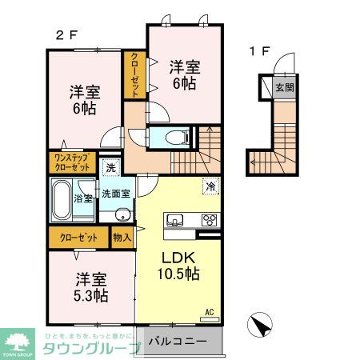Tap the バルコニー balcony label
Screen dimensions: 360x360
click(x=178, y=341)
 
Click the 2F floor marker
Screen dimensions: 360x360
click(x=65, y=35)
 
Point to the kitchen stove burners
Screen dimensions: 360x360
click(x=210, y=220)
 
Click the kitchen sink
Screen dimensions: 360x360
click(x=174, y=220)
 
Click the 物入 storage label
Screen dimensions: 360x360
click(x=122, y=238)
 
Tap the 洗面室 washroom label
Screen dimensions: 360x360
click(x=117, y=194)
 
